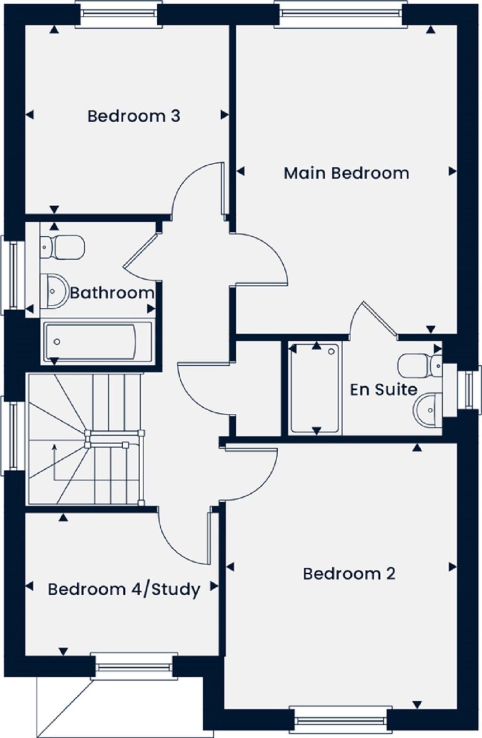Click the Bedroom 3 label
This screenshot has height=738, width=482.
[x=134, y=116]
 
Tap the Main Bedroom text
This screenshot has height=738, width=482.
[x=346, y=173]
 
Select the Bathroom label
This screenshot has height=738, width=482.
[x=112, y=293]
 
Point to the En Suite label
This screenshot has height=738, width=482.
[x=384, y=389]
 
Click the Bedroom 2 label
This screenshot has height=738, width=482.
[x=349, y=574]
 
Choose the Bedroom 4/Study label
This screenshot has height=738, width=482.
[x=124, y=589]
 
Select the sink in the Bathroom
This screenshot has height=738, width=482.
[x=54, y=291]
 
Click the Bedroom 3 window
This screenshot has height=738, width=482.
[x=119, y=14]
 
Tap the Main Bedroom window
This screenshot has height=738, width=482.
[x=341, y=14]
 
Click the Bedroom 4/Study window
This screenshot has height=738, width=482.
[x=134, y=666]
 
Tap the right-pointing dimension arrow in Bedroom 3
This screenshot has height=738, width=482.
[x=225, y=115]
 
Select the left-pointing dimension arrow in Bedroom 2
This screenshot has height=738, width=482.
[x=230, y=567]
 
